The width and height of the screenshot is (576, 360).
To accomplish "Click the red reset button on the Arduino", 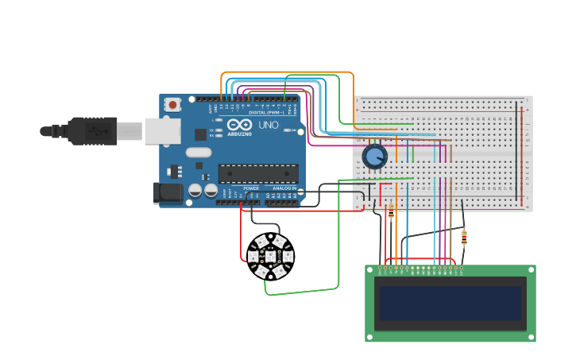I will point(172,104).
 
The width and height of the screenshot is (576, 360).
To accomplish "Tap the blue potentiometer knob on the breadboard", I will point(374,157).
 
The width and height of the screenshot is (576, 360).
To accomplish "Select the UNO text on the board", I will point(269,126).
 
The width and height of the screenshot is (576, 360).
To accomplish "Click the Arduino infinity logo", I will point(240,126).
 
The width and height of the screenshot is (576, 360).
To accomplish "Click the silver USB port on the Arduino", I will point(163,131).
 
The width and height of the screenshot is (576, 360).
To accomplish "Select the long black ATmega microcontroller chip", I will point(258,173).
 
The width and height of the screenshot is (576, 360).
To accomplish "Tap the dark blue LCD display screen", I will point(450,303).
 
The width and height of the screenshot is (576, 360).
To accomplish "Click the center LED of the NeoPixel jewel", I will point(270,256).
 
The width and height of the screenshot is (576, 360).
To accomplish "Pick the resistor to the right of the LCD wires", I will point(464,237).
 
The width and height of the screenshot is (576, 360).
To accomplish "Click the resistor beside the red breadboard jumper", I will point(391,212).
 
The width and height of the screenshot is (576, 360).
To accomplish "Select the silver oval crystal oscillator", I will point(199,153).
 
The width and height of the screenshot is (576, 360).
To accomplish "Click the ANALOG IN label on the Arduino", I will point(284,188).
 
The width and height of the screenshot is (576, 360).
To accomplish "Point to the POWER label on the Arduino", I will point(251,188).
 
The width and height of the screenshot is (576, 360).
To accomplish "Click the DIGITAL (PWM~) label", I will point(268,112).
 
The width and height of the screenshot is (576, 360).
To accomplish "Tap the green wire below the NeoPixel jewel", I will point(302,292).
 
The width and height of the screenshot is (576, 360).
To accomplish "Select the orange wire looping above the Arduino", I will point(286,72).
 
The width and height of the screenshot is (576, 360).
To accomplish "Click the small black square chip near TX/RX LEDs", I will point(201,135).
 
